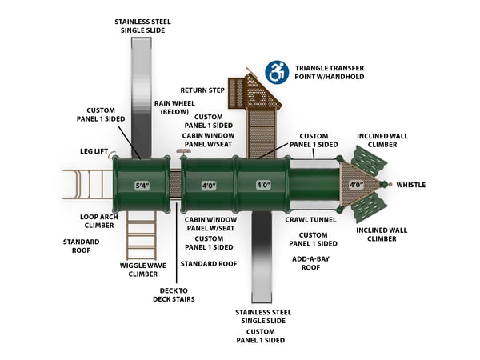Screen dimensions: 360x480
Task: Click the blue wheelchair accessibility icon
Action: (277, 72)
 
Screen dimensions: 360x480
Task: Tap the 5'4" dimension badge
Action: (143, 186)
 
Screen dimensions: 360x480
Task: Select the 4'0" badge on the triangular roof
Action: (357, 186)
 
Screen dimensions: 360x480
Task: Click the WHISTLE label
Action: (410, 186)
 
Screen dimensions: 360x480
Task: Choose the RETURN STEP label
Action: (202, 90)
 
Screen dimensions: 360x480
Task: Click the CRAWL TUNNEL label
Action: (310, 218)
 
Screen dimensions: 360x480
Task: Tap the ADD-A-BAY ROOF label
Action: (310, 263)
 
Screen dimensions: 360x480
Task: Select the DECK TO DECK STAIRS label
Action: (174, 295)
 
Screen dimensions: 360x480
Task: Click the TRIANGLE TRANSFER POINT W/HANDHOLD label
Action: (329, 72)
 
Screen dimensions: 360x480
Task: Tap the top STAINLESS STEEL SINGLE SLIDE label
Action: (142, 26)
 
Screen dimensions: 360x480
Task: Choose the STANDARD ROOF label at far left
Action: (82, 245)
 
